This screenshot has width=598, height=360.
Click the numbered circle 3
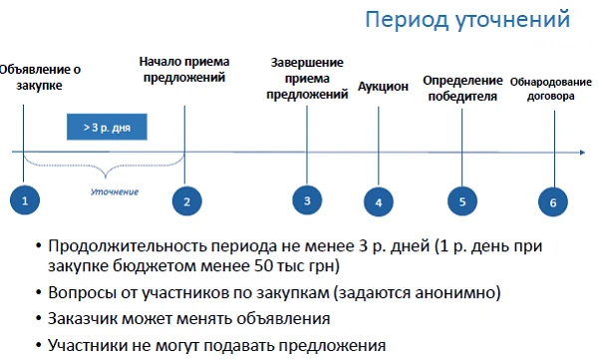307,201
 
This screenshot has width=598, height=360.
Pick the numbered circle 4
379,202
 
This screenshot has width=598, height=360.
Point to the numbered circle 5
461,201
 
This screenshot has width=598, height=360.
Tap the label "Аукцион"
384,87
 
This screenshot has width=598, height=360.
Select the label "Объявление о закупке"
40,78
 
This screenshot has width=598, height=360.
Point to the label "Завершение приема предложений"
308,79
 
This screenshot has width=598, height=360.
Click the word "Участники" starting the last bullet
92,345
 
